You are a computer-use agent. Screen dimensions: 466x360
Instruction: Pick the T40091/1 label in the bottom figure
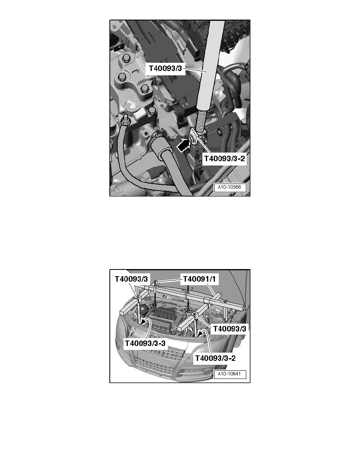(200, 279)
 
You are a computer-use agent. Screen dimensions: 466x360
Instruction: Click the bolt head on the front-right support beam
(195, 315)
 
